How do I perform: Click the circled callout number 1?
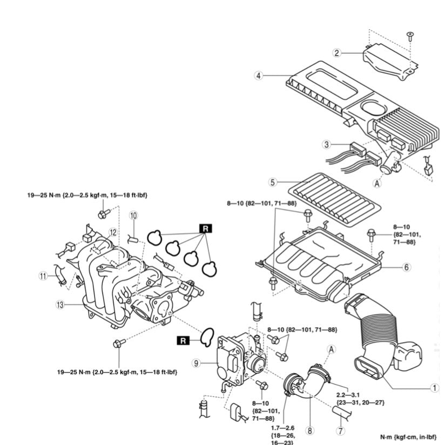(433, 387)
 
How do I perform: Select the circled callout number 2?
(336, 53)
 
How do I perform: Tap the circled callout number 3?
(326, 144)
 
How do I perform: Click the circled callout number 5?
(273, 183)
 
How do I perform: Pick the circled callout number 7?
(340, 431)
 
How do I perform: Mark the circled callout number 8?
(309, 431)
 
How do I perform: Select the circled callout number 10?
(133, 215)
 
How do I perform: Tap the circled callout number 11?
(43, 276)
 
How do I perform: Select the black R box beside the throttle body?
(183, 340)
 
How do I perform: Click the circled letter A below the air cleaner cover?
(378, 183)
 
